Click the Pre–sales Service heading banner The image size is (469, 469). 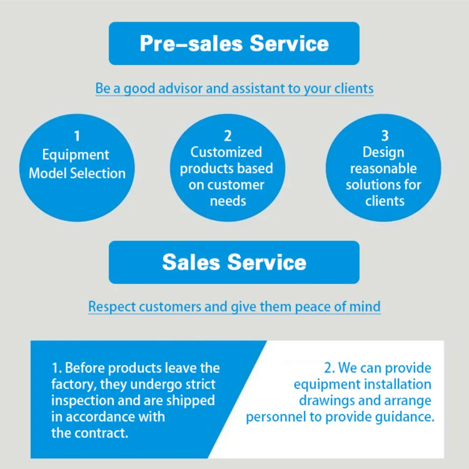(x=234, y=43)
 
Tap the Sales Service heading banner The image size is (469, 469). (x=234, y=263)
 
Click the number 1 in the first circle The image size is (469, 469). (x=77, y=136)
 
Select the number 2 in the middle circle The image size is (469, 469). (x=228, y=136)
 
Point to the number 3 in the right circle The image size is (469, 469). (x=385, y=136)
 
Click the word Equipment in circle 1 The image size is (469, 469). (x=76, y=155)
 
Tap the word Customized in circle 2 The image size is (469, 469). (x=226, y=152)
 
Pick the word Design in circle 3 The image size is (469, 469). (x=383, y=153)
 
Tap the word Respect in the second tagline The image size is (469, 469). (x=112, y=307)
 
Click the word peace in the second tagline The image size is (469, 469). (x=313, y=307)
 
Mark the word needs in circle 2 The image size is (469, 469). (x=228, y=201)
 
